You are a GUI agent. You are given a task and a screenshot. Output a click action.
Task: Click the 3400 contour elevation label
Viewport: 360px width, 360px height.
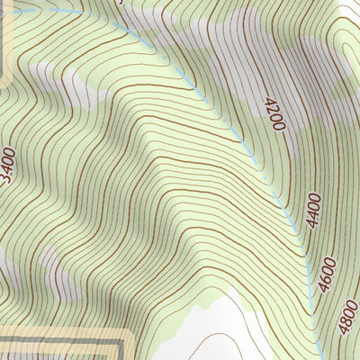(8, 164)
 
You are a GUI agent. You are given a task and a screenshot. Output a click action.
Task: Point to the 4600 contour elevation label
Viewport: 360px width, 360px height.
(327, 275)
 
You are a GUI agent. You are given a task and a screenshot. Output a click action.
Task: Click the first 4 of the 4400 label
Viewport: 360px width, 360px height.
(311, 221)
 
